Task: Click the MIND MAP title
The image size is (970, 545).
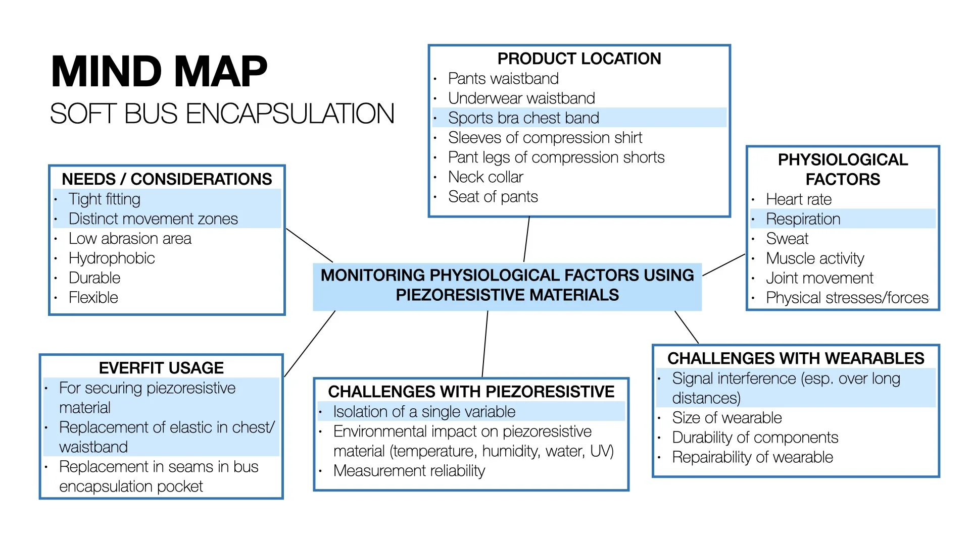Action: tap(159, 72)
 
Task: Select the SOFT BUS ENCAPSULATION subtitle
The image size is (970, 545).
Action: tap(222, 114)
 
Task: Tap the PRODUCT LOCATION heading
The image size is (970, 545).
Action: tap(579, 59)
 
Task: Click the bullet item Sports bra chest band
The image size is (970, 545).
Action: tap(523, 118)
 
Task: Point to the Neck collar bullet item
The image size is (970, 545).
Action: tap(486, 177)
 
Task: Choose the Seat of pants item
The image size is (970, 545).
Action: tap(493, 197)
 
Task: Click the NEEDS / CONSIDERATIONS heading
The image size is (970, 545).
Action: tap(167, 179)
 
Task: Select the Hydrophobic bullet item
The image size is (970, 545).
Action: tap(112, 258)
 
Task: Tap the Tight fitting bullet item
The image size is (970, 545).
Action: tap(105, 199)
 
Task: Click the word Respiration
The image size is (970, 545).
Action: tap(803, 219)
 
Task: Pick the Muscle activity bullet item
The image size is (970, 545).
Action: tap(815, 258)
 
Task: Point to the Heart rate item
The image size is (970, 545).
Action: tap(799, 199)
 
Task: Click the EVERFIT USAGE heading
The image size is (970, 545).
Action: tap(161, 368)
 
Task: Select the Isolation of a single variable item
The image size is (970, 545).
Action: tap(424, 412)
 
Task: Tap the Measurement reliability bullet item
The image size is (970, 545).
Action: tap(409, 471)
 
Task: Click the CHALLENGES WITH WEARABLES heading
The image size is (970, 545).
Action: tap(796, 358)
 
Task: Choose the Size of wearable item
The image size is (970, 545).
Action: tap(726, 418)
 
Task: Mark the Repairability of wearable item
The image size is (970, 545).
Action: tap(752, 457)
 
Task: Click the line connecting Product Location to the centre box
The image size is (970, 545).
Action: tap(526, 239)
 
